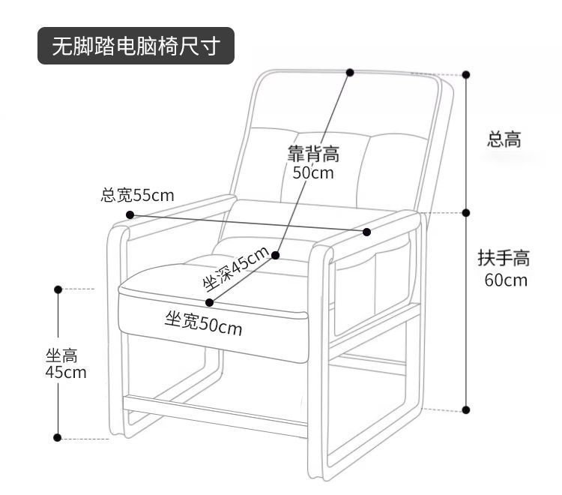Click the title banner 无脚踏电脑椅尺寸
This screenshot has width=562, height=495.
(x=135, y=46)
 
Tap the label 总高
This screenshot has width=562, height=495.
(x=504, y=139)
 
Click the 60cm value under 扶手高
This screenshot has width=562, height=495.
(x=505, y=280)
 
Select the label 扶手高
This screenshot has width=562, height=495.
(x=504, y=259)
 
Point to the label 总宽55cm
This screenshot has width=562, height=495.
(x=137, y=196)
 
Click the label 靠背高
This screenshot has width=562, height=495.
(x=313, y=154)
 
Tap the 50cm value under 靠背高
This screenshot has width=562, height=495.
(x=313, y=173)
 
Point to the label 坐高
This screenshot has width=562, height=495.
(x=61, y=356)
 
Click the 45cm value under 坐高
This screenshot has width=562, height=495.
(x=66, y=372)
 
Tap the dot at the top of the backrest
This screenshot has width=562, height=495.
(x=350, y=72)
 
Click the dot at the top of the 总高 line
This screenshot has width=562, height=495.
(x=466, y=74)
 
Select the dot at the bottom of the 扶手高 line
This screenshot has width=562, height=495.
(x=466, y=410)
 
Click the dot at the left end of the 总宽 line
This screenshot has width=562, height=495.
(x=130, y=214)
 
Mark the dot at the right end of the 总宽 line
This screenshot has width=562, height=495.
(x=367, y=231)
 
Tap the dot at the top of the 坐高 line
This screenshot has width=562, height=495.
(x=58, y=288)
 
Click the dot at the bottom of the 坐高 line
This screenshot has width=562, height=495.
(x=58, y=436)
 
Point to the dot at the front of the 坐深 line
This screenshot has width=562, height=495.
(x=209, y=302)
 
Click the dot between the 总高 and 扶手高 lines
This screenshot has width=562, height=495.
(x=466, y=212)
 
